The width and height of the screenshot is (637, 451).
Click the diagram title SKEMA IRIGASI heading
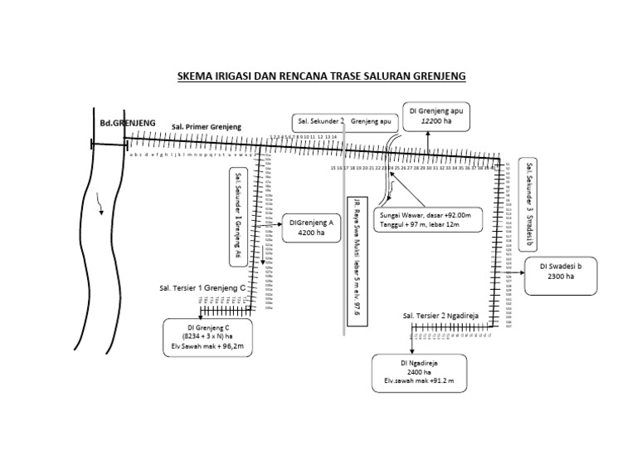[x=322, y=76]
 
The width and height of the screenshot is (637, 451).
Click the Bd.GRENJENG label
[x=127, y=122]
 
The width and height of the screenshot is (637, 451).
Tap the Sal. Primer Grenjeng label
[x=206, y=127]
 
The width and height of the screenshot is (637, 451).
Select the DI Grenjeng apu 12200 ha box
[x=436, y=115]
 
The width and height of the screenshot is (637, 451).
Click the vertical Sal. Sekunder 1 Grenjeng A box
[x=239, y=215]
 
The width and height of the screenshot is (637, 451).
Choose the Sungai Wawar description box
[x=429, y=219]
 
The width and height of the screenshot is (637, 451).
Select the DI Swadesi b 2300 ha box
[x=561, y=276]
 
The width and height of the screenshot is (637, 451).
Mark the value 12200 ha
[x=436, y=121]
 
